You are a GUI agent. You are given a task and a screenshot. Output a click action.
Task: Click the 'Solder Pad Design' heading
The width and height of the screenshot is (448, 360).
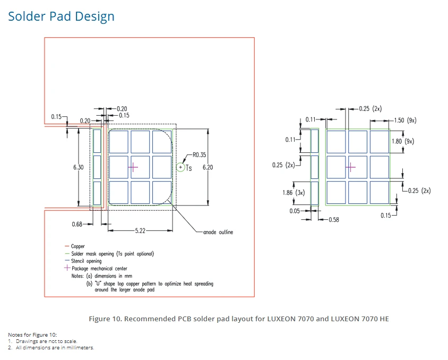tap(61, 16)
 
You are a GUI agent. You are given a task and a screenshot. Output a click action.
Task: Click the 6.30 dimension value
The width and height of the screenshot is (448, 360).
tap(78, 167)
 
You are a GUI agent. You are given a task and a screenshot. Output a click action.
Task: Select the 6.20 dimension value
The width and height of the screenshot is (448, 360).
tap(208, 167)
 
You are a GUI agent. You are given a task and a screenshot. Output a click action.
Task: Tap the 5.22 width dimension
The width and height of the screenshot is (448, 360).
tap(140, 230)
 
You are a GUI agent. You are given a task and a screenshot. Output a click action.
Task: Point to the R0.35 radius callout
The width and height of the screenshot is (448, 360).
tap(199, 155)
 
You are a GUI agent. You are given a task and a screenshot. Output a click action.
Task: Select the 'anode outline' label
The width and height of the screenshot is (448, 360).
tap(218, 232)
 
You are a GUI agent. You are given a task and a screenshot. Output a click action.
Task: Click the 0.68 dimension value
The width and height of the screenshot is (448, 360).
tap(77, 224)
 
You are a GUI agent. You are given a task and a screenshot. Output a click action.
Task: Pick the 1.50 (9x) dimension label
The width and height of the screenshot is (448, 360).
tap(405, 121)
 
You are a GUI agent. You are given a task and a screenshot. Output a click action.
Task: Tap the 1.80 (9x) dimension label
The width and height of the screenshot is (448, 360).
tap(403, 141)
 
